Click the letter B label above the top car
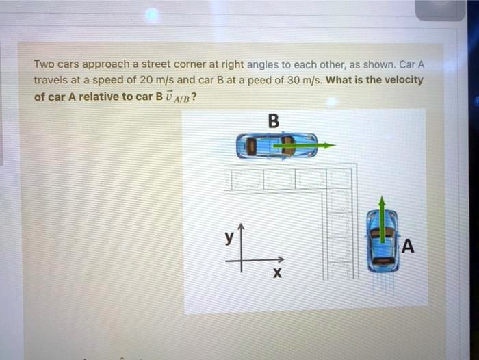[x=273, y=121]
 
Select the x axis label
[x=276, y=274]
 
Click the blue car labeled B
[x=276, y=146]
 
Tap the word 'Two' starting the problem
[x=44, y=65]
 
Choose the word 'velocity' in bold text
[x=403, y=79]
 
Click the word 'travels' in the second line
[x=49, y=80]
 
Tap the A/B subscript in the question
[x=181, y=98]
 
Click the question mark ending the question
[x=195, y=96]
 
